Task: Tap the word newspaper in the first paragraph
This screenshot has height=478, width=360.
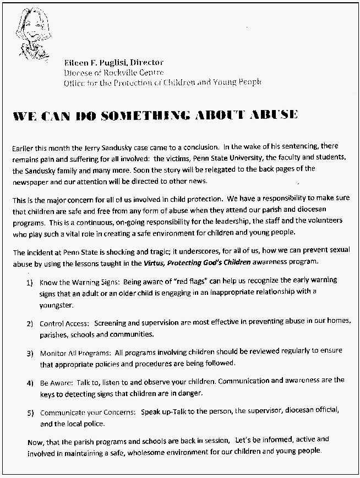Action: (x=30, y=181)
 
